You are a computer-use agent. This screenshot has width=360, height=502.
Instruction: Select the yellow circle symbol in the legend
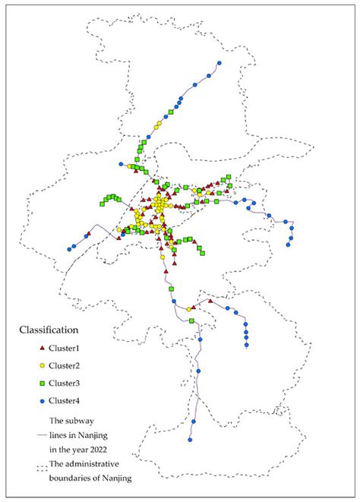[41, 365]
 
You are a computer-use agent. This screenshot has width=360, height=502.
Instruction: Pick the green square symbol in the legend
[41, 383]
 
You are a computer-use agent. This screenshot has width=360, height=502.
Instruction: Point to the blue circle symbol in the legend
[41, 400]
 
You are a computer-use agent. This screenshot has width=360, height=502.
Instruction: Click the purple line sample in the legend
[41, 435]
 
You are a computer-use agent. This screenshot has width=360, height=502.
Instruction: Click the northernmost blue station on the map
[219, 62]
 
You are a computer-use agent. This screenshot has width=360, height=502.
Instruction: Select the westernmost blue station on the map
[70, 248]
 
